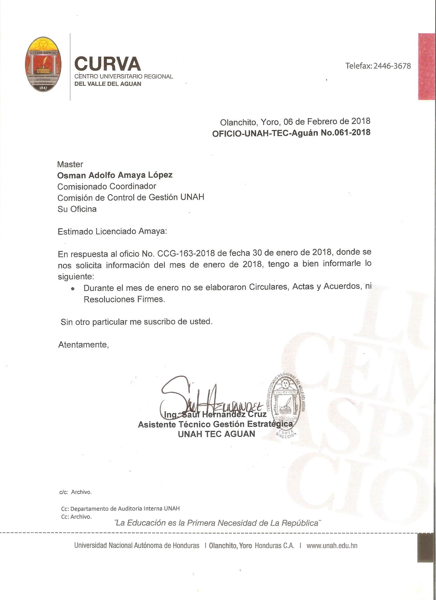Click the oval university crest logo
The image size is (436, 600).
43,64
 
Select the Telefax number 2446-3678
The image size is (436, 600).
392,66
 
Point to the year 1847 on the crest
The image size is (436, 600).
43,88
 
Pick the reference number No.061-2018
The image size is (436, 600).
345,132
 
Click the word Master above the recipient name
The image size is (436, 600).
70,164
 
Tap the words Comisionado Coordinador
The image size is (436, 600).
106,187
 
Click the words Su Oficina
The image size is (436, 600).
77,209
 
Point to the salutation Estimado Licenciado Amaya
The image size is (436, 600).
112,232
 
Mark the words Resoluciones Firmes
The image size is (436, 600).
124,299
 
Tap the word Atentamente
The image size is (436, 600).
83,345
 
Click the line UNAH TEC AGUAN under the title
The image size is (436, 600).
216,434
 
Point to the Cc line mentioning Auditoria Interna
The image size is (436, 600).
120,508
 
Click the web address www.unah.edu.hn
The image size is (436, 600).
332,546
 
